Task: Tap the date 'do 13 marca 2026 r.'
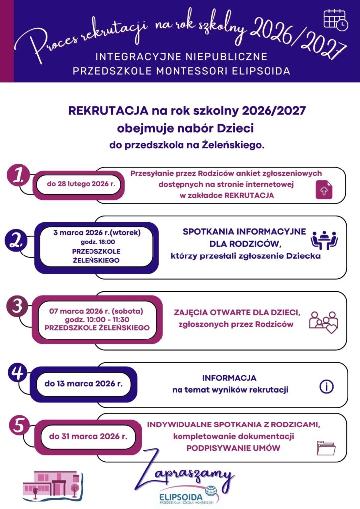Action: [84, 384]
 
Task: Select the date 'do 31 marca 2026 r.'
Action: [88, 437]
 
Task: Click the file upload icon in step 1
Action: [323, 191]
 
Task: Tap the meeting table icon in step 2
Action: [324, 240]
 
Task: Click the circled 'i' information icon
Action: [326, 387]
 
